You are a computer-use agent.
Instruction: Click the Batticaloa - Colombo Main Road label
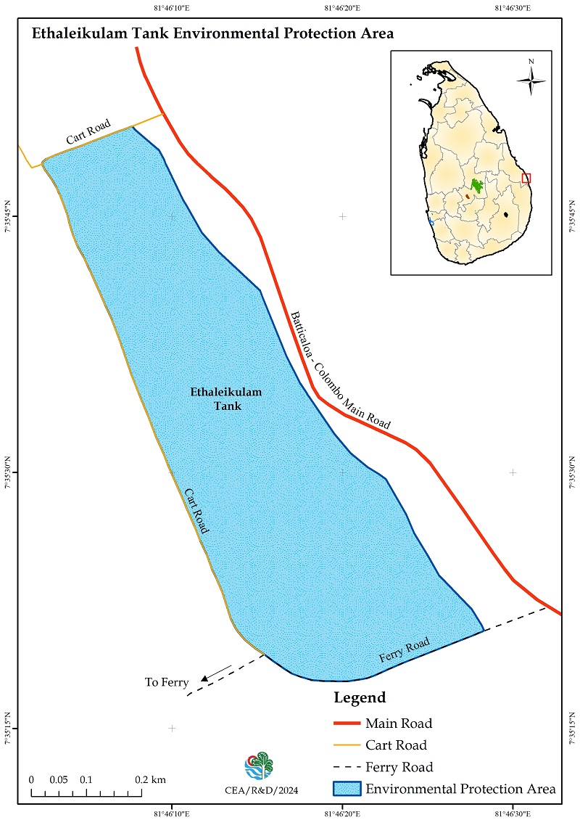340,370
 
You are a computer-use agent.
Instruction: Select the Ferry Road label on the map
405,650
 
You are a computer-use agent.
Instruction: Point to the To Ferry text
167,682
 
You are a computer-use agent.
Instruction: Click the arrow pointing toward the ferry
216,673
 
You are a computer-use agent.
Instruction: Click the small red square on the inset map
526,178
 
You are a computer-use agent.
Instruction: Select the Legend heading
360,698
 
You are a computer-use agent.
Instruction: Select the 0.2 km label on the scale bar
151,779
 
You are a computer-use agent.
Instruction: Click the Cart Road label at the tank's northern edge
88,134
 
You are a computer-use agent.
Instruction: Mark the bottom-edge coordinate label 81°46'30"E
513,812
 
